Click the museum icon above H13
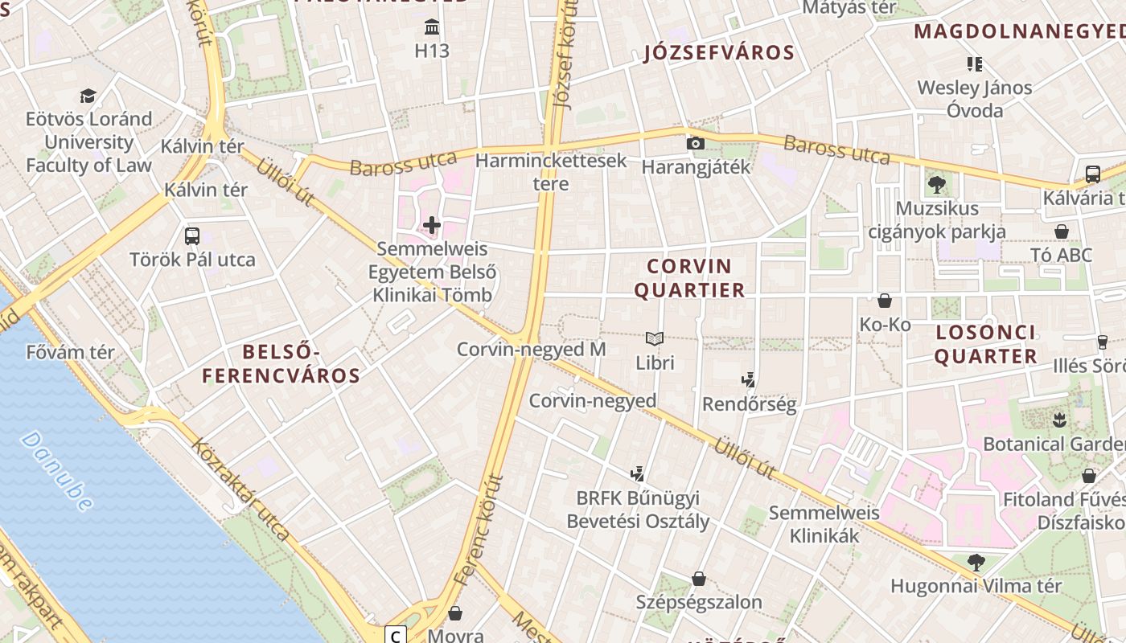point(432,28)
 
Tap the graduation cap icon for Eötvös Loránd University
point(88,96)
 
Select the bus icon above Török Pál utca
point(191,235)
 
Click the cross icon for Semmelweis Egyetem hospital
point(432,225)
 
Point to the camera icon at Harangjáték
point(696,143)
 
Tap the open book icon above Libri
point(655,339)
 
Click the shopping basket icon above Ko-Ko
point(885,301)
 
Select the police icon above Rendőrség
point(749,379)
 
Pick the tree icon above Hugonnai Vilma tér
point(976,562)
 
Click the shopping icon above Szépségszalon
point(699,578)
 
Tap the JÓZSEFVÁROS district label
point(719,53)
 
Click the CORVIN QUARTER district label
point(690,278)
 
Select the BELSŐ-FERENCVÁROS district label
point(281,363)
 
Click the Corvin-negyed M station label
point(531,350)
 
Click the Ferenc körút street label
point(478,530)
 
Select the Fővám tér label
point(71,352)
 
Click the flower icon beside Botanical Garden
point(1059,420)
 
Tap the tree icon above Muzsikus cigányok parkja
point(936,185)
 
